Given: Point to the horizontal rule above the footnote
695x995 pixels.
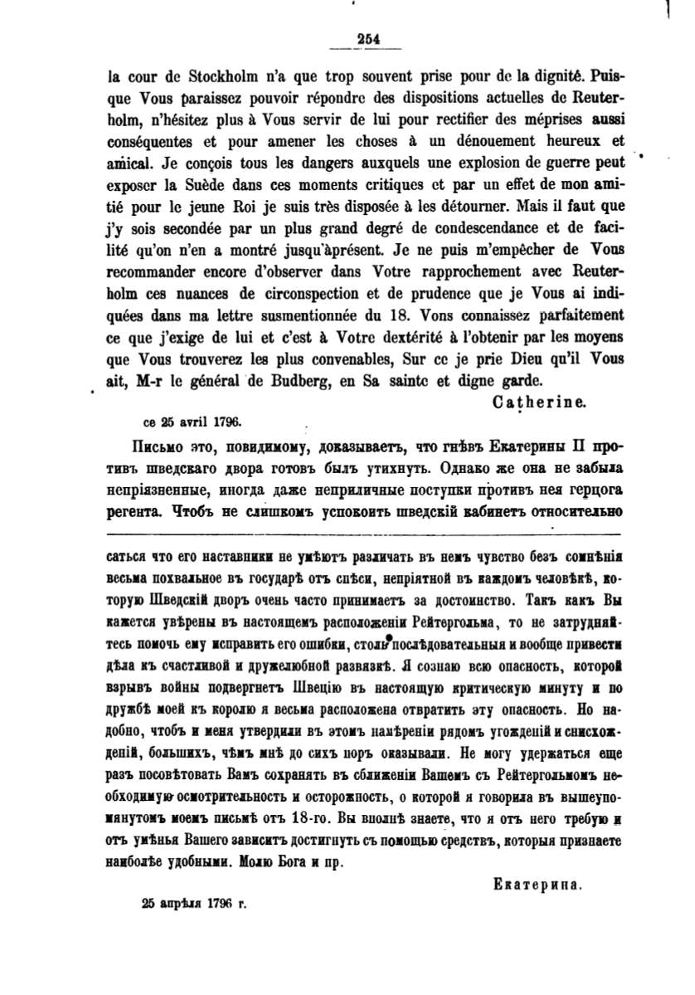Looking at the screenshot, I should [365, 532].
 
